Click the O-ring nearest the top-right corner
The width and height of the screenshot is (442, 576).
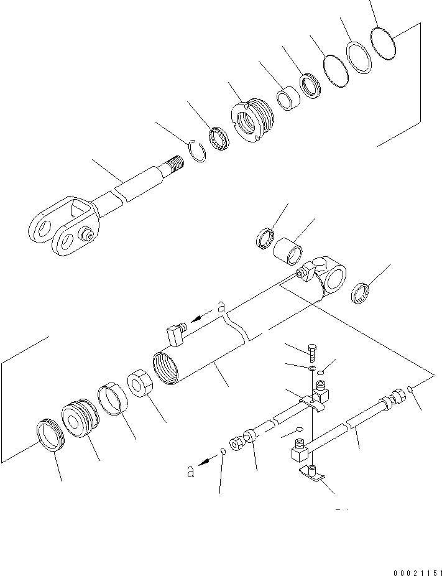382,44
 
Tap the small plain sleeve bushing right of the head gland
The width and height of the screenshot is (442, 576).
288,100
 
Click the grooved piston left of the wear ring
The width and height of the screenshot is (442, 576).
80,420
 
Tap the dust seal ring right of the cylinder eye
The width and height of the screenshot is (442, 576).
361,294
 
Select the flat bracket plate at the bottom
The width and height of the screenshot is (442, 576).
311,475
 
